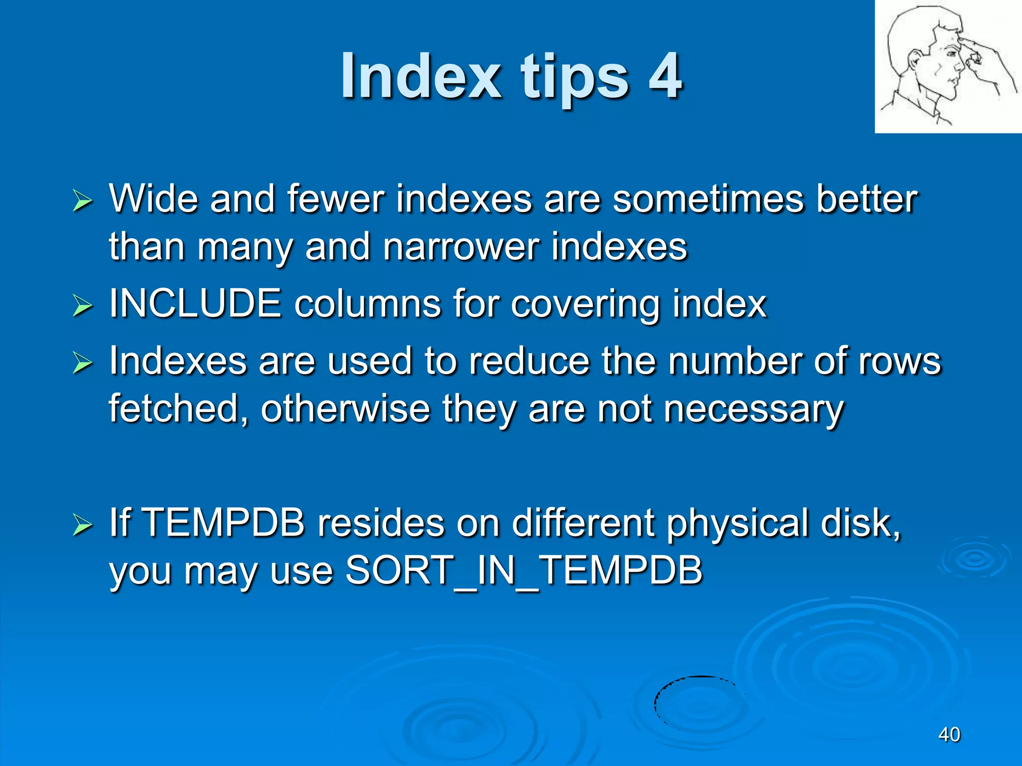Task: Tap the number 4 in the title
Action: [665, 76]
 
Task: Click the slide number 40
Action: [949, 735]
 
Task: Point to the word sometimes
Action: [708, 198]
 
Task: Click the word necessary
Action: [753, 409]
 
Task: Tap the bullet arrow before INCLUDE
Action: [82, 305]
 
